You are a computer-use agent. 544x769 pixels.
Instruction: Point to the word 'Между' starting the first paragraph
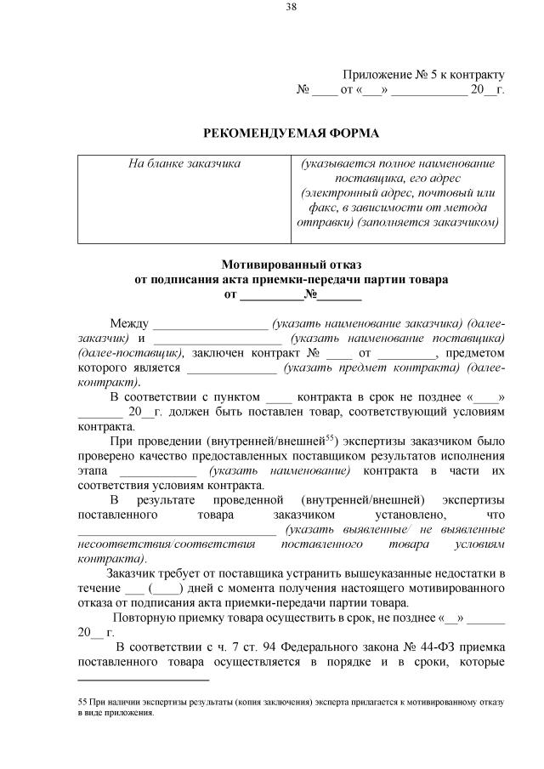tap(128, 323)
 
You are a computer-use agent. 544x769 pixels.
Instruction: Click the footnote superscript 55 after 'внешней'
tap(331, 438)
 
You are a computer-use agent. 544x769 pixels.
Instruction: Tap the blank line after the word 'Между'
tap(209, 325)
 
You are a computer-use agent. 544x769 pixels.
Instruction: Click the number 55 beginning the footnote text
tap(82, 704)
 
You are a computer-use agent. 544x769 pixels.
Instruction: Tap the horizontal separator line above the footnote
tap(143, 680)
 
